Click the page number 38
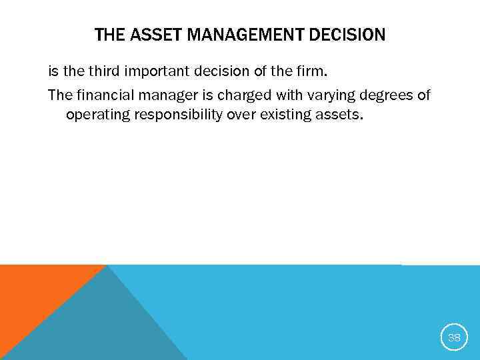[x=454, y=337]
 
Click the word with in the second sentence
[x=273, y=95]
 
